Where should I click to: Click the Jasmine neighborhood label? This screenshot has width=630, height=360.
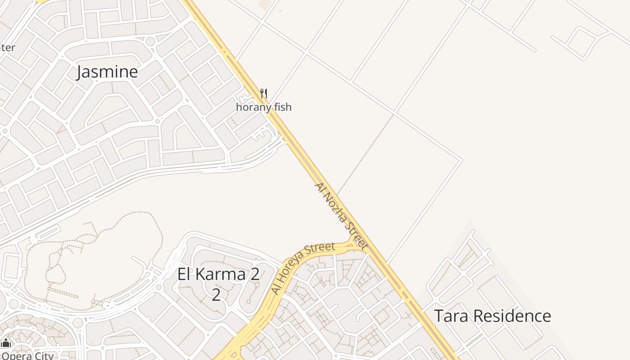(x=107, y=72)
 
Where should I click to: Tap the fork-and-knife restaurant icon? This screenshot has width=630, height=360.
(x=264, y=94)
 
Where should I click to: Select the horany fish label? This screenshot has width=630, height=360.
(x=264, y=107)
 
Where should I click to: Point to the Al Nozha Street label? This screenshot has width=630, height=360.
(x=341, y=216)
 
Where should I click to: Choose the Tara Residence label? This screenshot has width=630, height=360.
(x=492, y=316)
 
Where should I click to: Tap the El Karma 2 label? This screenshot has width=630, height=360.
(x=218, y=274)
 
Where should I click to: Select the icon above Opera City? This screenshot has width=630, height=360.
(x=5, y=343)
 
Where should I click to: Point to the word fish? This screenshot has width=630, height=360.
(x=282, y=107)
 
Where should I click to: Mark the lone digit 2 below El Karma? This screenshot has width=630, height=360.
(x=216, y=295)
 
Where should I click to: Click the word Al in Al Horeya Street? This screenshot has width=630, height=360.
(x=276, y=290)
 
